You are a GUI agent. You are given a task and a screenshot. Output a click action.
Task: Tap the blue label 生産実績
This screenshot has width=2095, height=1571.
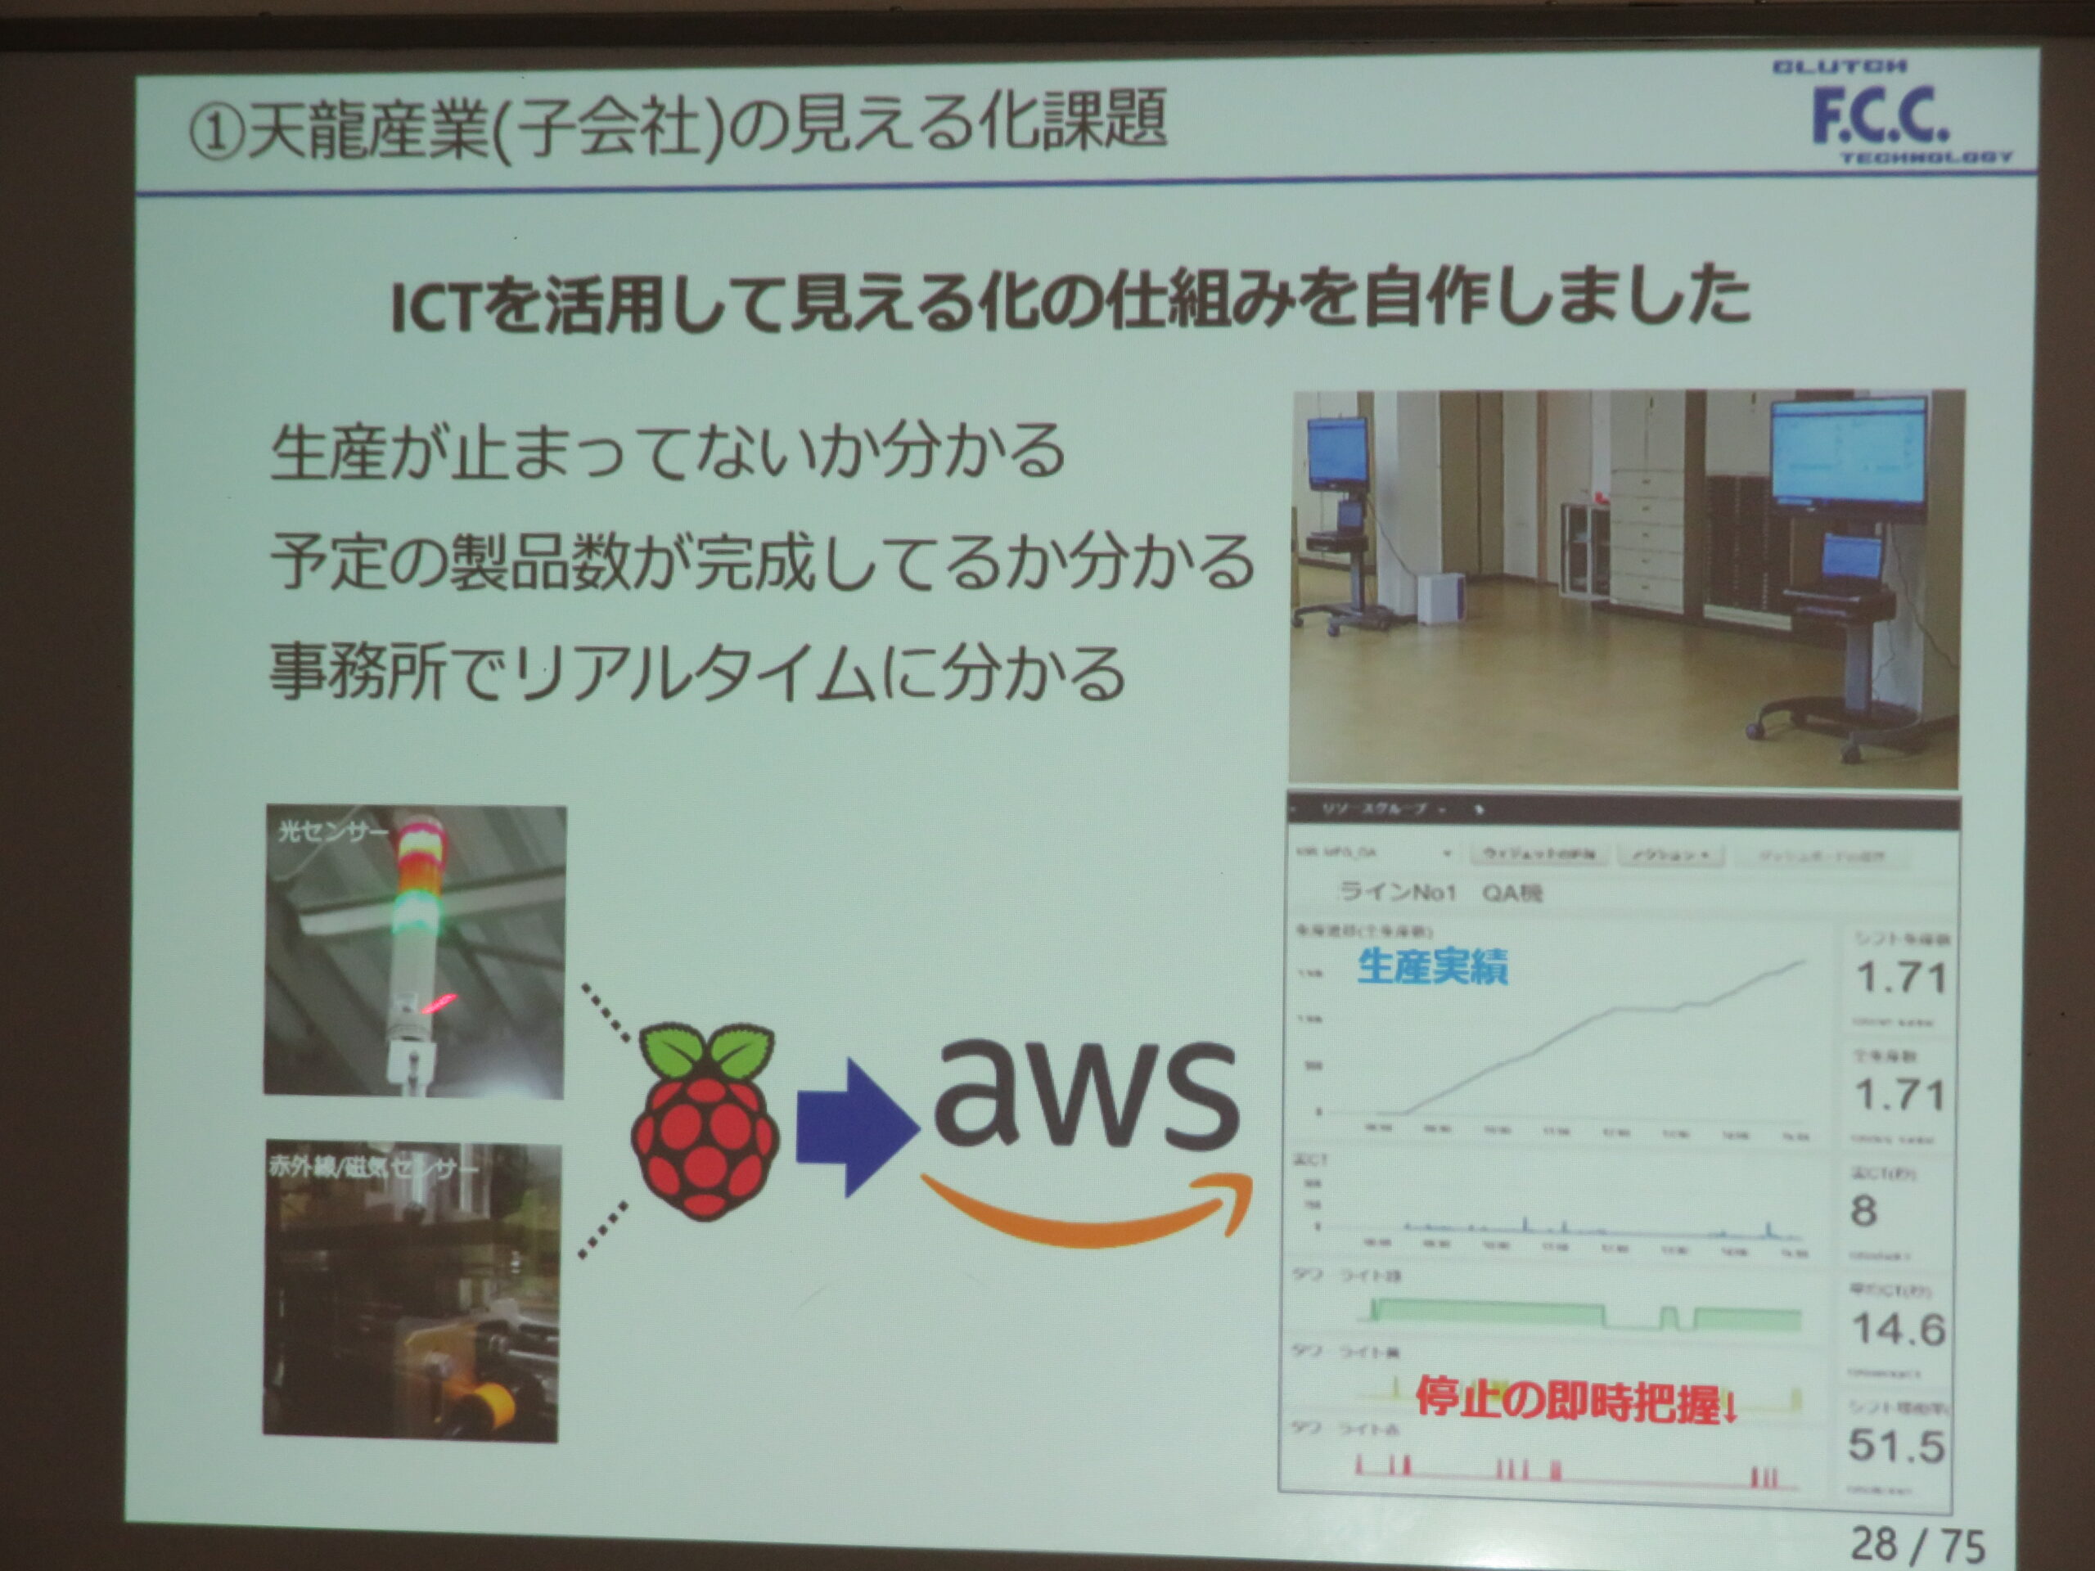(x=1431, y=967)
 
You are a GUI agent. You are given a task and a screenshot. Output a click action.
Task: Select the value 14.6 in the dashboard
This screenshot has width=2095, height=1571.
(x=1897, y=1330)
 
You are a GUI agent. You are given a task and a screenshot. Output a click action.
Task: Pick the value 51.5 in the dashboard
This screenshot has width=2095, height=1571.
(x=1895, y=1446)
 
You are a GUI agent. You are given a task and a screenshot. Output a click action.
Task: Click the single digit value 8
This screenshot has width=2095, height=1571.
(x=1863, y=1211)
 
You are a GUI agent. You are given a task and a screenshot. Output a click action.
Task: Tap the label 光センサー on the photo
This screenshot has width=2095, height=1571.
(x=331, y=832)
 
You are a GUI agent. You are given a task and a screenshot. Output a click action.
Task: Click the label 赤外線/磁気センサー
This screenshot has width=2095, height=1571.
(x=373, y=1168)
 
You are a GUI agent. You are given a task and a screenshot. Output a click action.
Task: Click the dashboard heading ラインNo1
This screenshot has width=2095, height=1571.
(x=1397, y=892)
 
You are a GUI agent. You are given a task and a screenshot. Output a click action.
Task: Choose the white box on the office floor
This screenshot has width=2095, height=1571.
(x=1439, y=597)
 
